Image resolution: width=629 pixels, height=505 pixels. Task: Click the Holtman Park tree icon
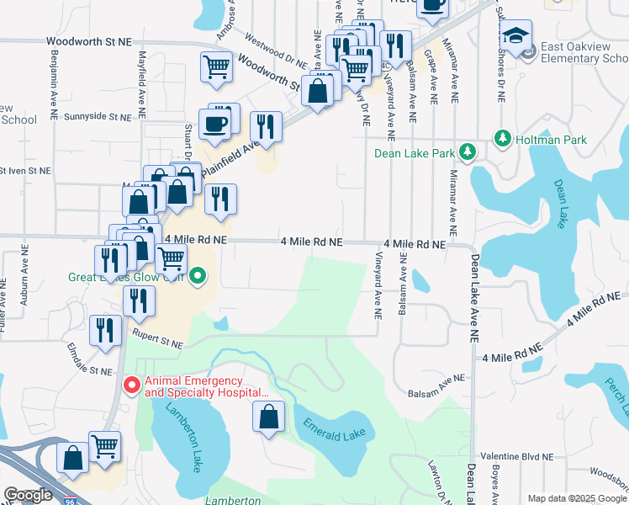[x=502, y=137]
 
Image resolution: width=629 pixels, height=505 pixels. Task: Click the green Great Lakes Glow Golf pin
[x=198, y=275]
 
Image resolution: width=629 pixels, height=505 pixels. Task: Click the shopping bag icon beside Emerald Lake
[x=268, y=419]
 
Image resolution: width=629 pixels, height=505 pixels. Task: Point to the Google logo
[x=28, y=495]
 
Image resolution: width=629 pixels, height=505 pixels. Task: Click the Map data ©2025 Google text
[x=575, y=498]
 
